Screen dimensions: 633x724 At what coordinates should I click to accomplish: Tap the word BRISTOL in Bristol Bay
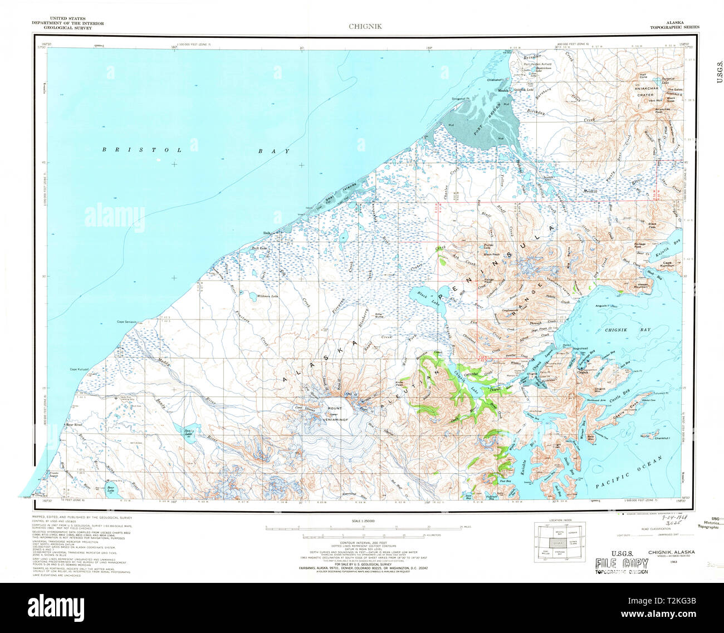142,150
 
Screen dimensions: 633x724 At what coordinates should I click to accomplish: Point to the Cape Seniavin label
129,322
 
